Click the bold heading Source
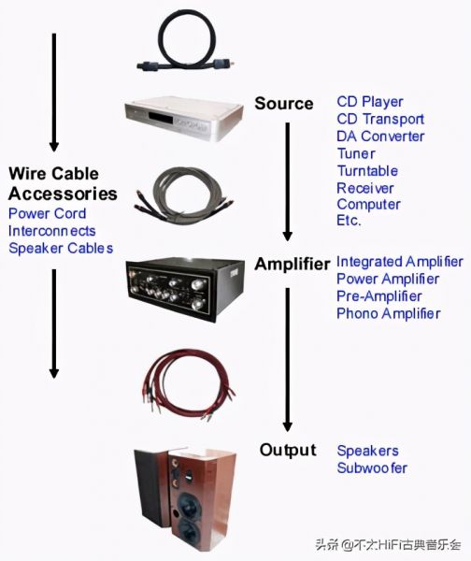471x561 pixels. click(284, 104)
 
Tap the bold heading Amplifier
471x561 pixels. click(293, 265)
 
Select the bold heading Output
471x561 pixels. click(288, 450)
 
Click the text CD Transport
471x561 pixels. click(380, 119)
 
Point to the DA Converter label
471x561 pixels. click(380, 137)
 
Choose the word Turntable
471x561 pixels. click(367, 171)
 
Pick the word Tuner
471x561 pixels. click(356, 153)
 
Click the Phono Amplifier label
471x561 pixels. click(389, 314)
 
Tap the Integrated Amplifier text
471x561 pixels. click(400, 262)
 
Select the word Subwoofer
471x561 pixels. click(372, 468)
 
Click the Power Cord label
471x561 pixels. click(48, 213)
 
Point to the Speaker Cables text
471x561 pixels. click(61, 248)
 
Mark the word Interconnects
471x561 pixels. click(51, 231)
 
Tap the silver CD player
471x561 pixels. click(184, 118)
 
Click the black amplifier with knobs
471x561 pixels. click(184, 289)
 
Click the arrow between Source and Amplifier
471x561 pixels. click(288, 181)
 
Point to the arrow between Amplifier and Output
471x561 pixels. click(288, 360)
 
